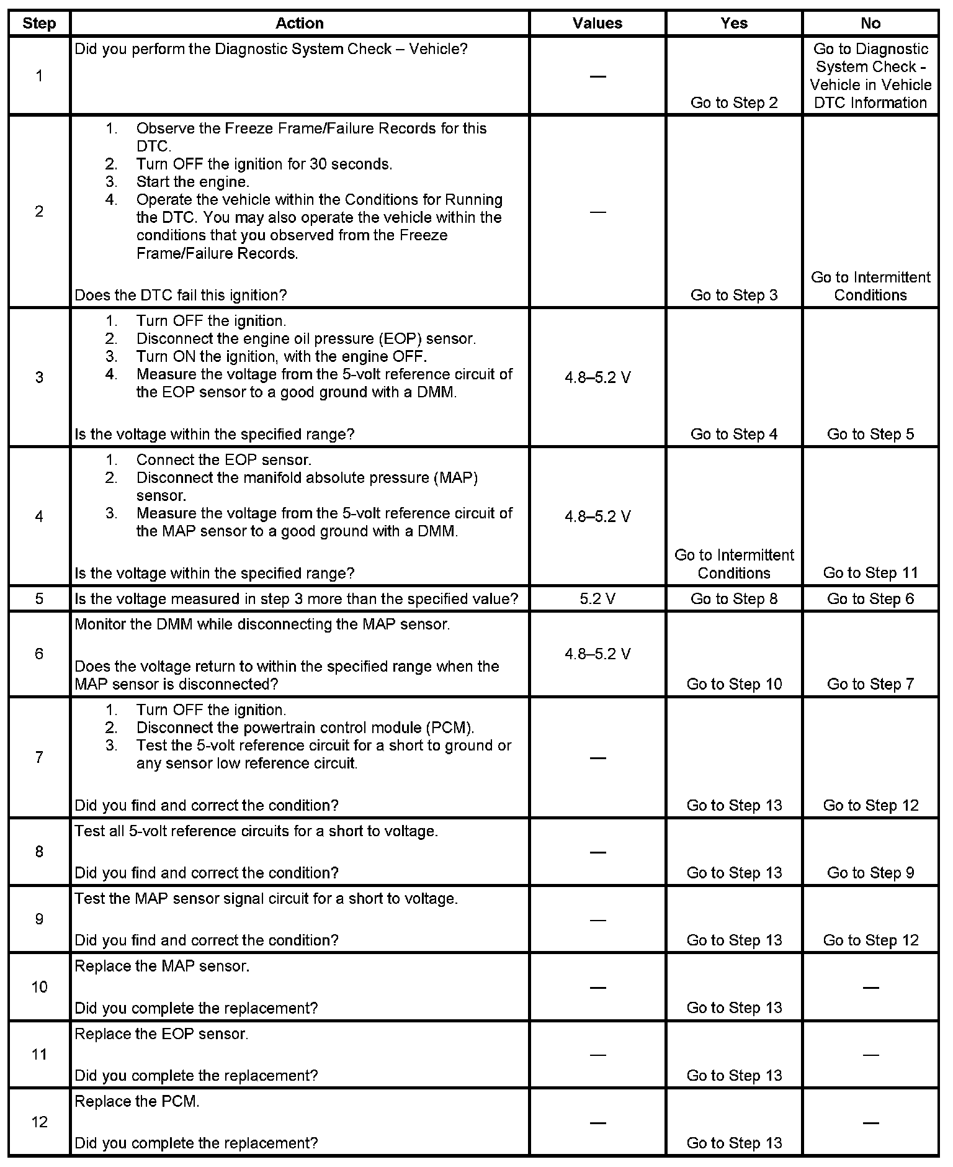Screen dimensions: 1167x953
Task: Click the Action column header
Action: point(299,24)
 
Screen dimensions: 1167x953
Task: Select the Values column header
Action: point(597,24)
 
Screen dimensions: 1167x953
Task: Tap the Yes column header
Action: point(733,24)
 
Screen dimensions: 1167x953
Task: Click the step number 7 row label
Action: point(39,757)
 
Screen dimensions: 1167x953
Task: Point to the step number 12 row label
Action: point(39,1122)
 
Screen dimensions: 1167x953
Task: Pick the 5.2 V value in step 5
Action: point(597,599)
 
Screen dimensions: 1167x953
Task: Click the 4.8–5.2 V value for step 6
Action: point(597,654)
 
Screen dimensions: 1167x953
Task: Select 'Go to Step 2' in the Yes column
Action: point(733,103)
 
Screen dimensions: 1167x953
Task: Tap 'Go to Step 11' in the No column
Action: point(870,573)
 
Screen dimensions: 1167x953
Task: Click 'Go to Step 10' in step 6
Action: point(733,684)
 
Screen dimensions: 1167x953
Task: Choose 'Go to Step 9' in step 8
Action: point(870,873)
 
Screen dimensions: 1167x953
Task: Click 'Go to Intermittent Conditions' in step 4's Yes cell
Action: point(733,564)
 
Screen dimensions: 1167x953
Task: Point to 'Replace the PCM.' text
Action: point(137,1102)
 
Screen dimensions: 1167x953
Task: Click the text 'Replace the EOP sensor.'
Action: point(161,1034)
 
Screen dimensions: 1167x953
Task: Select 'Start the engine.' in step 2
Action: point(192,182)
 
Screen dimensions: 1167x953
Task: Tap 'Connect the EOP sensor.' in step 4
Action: point(223,460)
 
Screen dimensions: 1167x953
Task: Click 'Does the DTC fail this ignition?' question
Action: point(181,295)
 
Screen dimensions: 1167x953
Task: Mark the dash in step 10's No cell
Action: point(870,987)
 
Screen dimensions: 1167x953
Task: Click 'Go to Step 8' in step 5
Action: point(733,599)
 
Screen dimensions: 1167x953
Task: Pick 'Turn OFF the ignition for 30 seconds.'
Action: point(264,164)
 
